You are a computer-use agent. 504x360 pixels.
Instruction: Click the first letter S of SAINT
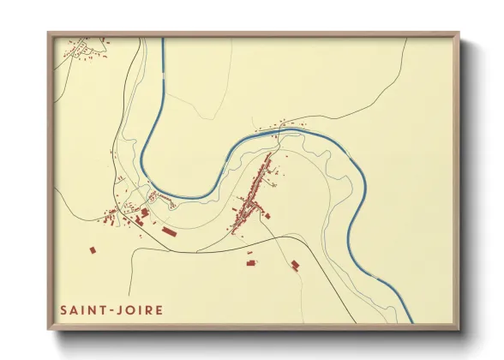pos(64,309)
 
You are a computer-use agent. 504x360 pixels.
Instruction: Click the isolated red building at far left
pos(92,250)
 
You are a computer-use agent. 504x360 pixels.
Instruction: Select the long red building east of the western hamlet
pos(169,231)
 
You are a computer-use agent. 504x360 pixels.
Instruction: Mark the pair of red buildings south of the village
pos(251,261)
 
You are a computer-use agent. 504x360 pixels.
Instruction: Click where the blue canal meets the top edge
pos(161,39)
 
